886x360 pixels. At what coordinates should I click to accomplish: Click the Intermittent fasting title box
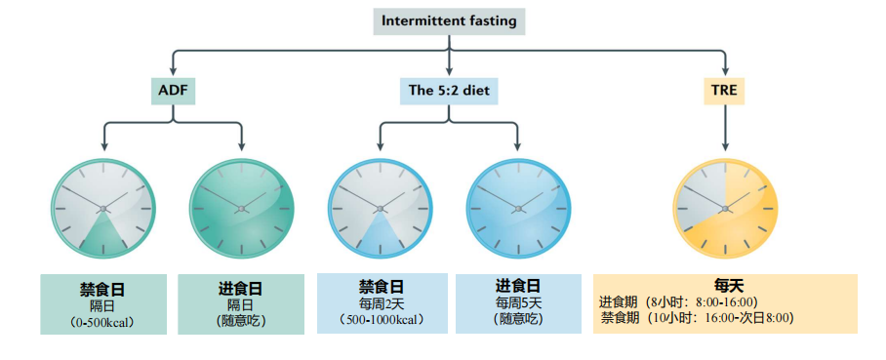[449, 21]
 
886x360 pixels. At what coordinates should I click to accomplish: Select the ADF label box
[173, 90]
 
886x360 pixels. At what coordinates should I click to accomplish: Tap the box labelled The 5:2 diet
[449, 90]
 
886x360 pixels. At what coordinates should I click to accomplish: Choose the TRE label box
[724, 90]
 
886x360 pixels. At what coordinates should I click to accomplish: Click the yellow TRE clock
[725, 208]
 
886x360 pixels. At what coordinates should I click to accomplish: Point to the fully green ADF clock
[241, 208]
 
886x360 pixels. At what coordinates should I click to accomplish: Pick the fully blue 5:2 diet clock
[518, 208]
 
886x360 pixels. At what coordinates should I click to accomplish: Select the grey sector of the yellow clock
[701, 195]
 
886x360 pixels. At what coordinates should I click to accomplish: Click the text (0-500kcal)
[102, 322]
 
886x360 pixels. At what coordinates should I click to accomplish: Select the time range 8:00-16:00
[724, 301]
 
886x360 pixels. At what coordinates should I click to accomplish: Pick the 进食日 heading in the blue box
[518, 286]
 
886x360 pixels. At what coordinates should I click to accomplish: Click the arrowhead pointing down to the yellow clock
[725, 146]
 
